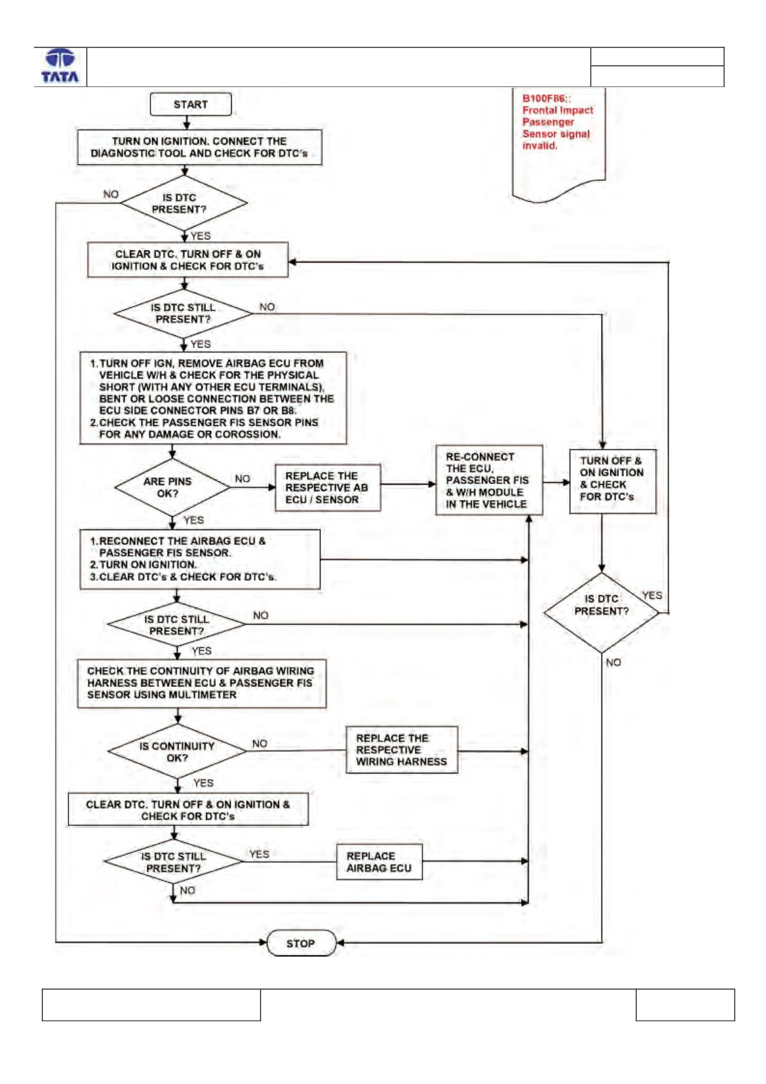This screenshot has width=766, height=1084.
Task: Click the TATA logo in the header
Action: coord(60,66)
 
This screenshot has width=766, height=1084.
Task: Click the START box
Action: coord(191,104)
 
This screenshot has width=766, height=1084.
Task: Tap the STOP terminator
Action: coord(301,943)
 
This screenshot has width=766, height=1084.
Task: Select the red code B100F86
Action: coord(544,98)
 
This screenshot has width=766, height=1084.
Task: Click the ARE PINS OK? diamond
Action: coord(172,487)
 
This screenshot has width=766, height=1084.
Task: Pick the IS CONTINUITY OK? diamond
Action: coord(177,752)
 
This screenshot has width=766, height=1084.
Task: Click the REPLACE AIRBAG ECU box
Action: coord(379,862)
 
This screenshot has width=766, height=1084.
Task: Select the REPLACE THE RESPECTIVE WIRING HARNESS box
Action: coord(402,750)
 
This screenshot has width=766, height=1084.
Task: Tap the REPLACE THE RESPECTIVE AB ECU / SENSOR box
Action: coord(328,488)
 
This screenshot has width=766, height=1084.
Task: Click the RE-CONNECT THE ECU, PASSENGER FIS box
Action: coord(489,480)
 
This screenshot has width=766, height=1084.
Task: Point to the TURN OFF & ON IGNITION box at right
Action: coord(612,481)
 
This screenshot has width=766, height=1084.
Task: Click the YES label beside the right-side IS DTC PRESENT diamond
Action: coord(652,595)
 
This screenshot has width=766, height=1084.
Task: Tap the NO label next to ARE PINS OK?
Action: coord(243,478)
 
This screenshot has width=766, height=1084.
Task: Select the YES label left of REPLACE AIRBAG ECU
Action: coord(259,853)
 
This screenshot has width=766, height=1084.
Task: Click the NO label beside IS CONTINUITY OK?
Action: coord(259,743)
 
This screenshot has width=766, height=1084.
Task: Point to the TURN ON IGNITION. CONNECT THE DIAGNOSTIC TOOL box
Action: coord(199,147)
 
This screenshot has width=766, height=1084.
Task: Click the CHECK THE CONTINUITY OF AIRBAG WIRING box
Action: coord(202,683)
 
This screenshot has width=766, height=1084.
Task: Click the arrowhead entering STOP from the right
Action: coord(340,942)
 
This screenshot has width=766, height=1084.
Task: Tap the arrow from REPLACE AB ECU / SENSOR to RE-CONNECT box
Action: coord(408,484)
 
